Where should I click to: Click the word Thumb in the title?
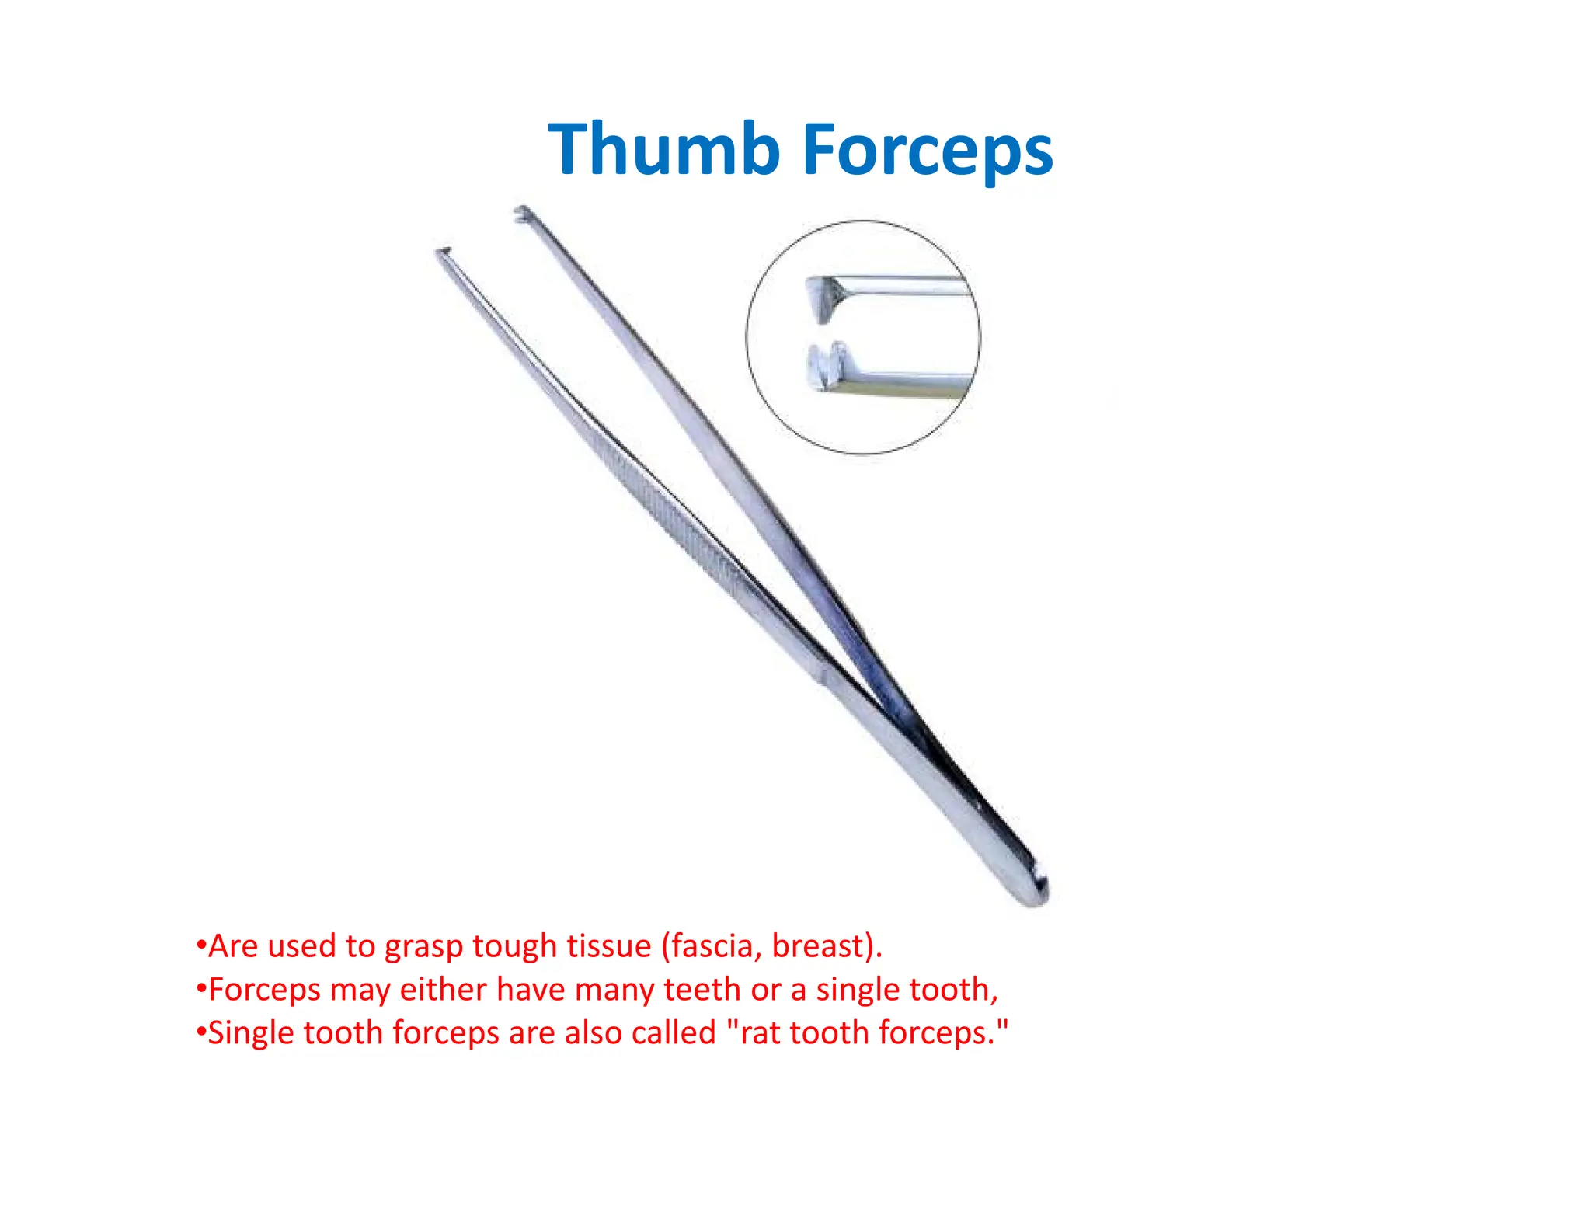point(664,149)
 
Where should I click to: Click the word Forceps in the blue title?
point(928,151)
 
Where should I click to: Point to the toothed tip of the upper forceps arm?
point(522,213)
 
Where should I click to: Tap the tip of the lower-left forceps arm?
point(443,252)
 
